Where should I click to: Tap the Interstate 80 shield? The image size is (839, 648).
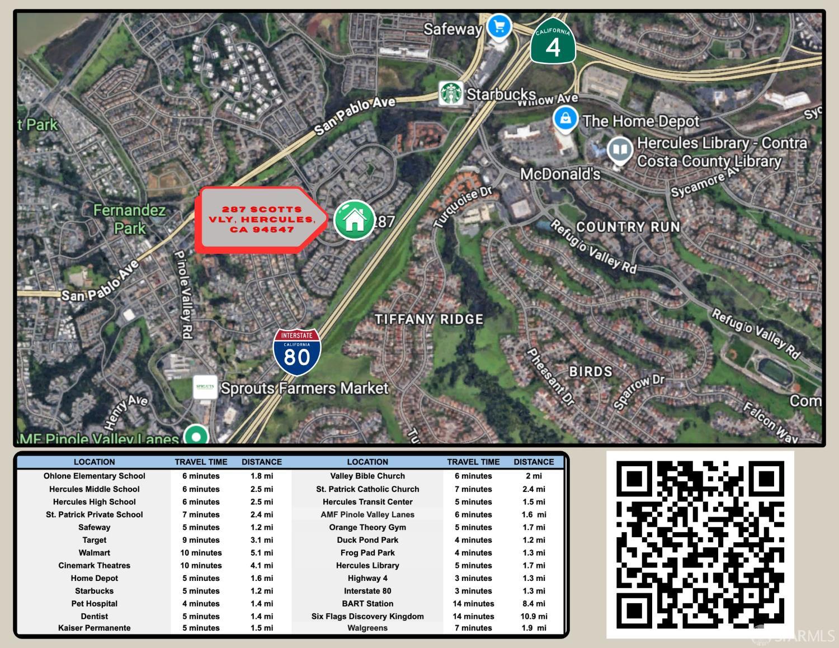point(296,352)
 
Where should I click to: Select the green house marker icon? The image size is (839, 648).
point(354,219)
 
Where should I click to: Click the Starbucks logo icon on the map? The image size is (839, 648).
point(450,93)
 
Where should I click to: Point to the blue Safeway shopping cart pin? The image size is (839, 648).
point(498,27)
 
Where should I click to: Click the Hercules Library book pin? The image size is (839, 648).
point(620,150)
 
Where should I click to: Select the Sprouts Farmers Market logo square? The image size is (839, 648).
point(205,387)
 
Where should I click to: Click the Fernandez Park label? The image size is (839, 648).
point(129,219)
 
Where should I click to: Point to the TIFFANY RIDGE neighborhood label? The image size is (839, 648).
point(428,319)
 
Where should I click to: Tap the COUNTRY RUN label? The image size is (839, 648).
point(628,226)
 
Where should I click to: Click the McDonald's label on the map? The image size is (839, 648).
point(560,174)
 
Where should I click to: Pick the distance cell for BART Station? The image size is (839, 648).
point(534,603)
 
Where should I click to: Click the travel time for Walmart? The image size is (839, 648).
point(201,552)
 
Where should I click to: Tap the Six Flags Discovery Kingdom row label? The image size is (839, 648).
point(367,616)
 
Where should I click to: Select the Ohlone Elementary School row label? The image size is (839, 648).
point(95,476)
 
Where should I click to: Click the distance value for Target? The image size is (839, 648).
point(261,540)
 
